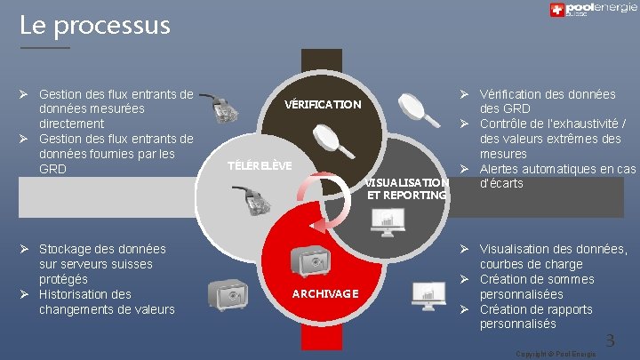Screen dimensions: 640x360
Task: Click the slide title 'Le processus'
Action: [x=95, y=25]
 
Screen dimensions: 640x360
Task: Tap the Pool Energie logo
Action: [x=592, y=11]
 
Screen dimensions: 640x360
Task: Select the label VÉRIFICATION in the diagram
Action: [x=322, y=105]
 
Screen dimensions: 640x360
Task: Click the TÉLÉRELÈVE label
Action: [x=259, y=166]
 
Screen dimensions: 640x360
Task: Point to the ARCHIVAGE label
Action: [x=326, y=293]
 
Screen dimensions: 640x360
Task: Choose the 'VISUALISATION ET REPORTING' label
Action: [x=406, y=188]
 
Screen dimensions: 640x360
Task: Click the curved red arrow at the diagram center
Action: [x=313, y=203]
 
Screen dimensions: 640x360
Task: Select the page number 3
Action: [x=609, y=340]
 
